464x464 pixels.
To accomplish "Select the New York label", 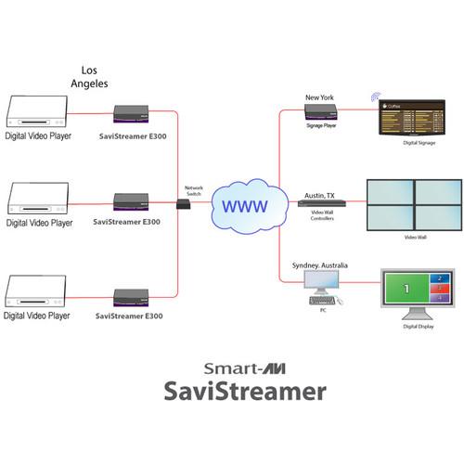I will tap(319, 97).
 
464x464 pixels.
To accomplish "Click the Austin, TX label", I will tap(322, 196).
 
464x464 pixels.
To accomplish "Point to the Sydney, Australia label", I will tap(320, 266).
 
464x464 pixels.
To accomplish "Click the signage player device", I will tap(320, 112).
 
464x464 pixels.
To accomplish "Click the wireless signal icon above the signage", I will tap(376, 97).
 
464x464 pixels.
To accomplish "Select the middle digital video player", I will tap(37, 200).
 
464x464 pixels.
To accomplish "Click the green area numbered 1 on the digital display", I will tap(405, 290).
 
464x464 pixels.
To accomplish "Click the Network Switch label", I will tap(193, 189).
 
